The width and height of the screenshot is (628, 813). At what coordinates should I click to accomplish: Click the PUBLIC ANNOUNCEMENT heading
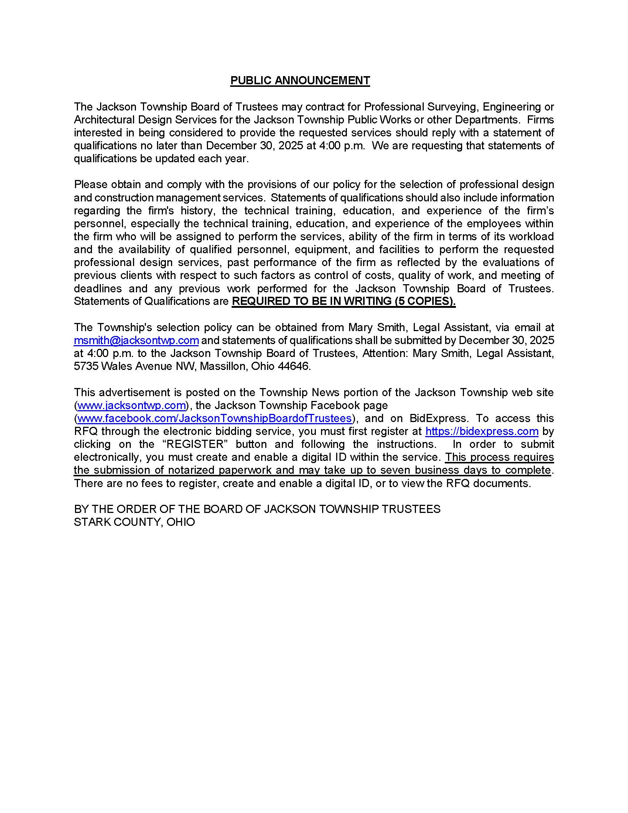[300, 81]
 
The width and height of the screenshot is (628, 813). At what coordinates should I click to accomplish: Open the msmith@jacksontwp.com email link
[136, 340]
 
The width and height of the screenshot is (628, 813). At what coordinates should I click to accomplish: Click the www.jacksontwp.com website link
[132, 405]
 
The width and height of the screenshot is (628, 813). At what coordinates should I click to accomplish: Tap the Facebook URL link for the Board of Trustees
[214, 418]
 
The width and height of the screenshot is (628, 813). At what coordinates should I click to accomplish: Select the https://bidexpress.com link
[482, 431]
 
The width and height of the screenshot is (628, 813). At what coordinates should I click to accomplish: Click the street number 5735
[86, 366]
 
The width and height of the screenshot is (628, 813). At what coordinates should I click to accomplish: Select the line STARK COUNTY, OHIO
[134, 522]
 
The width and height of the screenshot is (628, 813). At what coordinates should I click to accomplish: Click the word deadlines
[98, 289]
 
